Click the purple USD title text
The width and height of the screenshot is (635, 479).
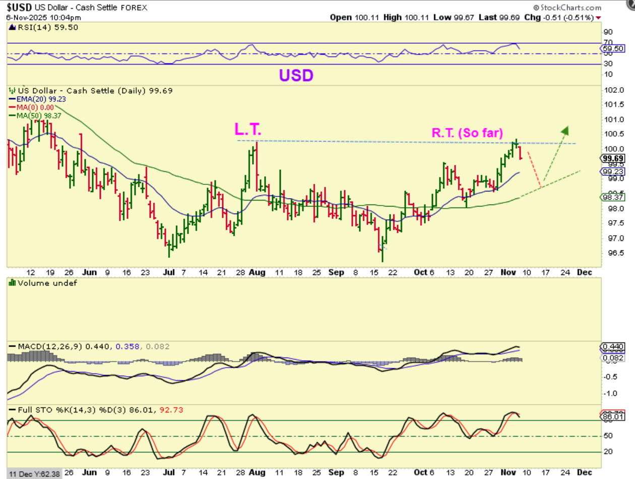point(297,76)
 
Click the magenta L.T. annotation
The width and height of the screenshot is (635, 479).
point(248,129)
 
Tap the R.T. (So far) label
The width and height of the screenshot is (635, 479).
point(467,133)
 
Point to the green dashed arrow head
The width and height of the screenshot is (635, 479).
point(566,130)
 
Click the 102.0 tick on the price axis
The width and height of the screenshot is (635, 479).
point(612,90)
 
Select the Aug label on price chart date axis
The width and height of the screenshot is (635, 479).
point(257,272)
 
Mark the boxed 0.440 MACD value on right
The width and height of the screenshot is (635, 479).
point(613,347)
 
